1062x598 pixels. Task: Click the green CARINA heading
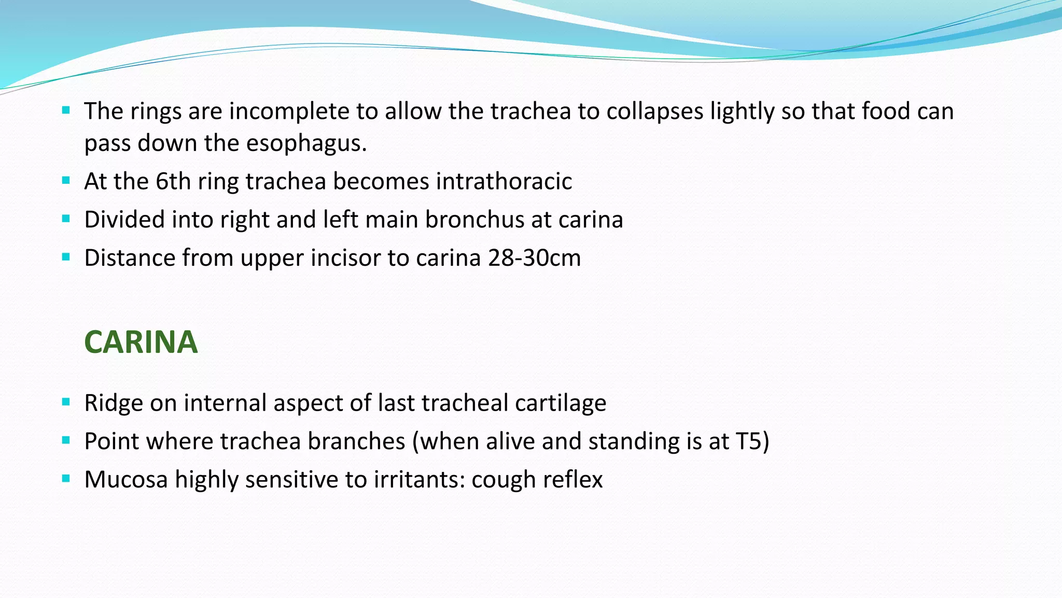pyautogui.click(x=141, y=342)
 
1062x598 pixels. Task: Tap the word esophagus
pyautogui.click(x=306, y=143)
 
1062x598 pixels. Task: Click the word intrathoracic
pyautogui.click(x=504, y=182)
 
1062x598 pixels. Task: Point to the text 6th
pyautogui.click(x=173, y=182)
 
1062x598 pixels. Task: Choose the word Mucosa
pyautogui.click(x=126, y=479)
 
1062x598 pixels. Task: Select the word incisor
pyautogui.click(x=345, y=258)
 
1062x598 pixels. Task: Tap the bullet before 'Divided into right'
pyautogui.click(x=66, y=219)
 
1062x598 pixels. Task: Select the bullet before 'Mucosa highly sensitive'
pyautogui.click(x=66, y=479)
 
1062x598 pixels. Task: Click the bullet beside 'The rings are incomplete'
pyautogui.click(x=66, y=110)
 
